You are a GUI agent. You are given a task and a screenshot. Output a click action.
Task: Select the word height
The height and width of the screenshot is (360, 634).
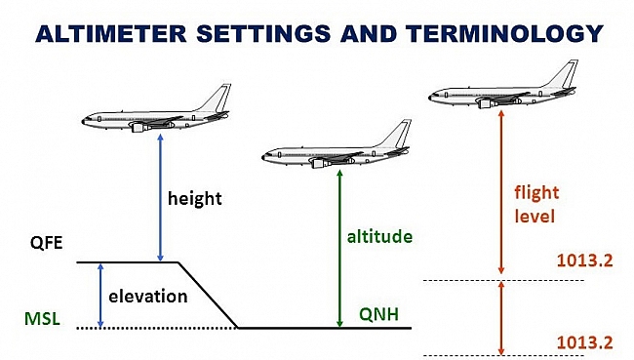click(195, 199)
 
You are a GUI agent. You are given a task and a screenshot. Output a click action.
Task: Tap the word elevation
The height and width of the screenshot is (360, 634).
click(147, 297)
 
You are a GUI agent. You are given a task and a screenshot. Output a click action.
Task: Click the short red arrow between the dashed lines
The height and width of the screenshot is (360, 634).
click(500, 317)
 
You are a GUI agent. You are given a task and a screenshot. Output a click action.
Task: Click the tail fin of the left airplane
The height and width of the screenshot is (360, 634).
click(220, 97)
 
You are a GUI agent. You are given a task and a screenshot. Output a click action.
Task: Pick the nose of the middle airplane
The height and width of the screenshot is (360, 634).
click(264, 155)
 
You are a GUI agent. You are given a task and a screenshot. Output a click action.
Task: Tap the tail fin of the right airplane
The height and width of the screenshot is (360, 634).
click(568, 73)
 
